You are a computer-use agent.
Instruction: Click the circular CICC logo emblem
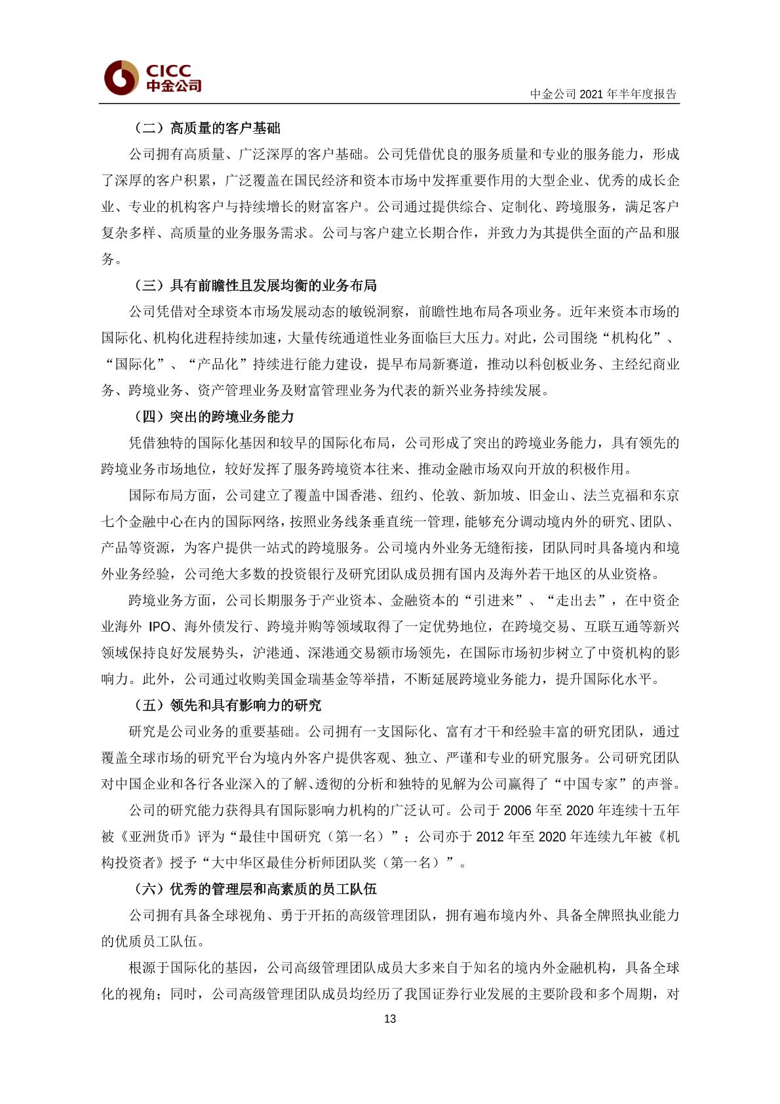(121, 77)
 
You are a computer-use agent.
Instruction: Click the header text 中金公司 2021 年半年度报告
(603, 94)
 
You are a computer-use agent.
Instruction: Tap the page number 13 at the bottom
(390, 1019)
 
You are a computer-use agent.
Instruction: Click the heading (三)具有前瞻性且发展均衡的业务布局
(255, 285)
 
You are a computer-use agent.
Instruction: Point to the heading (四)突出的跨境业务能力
(214, 417)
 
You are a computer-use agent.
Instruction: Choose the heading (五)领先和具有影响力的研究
(227, 705)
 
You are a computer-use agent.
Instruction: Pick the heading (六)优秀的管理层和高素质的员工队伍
(255, 889)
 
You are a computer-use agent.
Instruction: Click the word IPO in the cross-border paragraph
(159, 626)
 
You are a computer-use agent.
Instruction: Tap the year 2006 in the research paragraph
(517, 810)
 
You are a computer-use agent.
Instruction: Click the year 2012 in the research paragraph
(490, 836)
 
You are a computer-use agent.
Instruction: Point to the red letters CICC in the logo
(168, 70)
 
